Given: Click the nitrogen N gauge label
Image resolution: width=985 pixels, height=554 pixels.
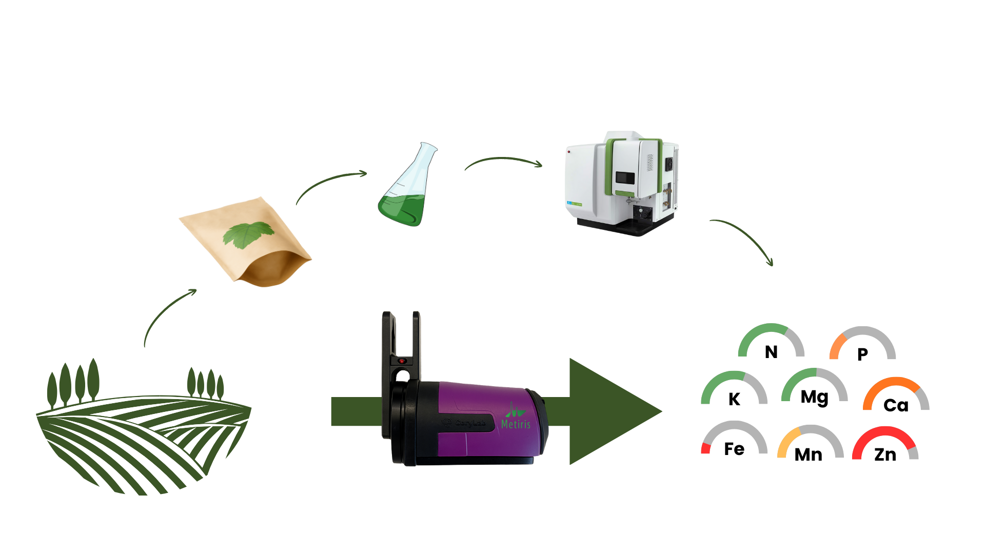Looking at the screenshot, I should [771, 352].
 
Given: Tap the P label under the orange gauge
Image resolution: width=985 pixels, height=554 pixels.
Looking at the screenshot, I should [862, 354].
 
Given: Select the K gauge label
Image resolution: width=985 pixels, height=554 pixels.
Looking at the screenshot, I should [734, 399].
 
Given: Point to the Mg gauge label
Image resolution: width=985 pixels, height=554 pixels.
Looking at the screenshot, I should [814, 398].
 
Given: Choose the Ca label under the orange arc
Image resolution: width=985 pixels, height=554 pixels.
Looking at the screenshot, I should [896, 405].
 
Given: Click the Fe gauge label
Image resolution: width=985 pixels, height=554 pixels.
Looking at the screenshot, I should [734, 449].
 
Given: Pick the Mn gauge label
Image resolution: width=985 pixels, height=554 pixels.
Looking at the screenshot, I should [808, 454].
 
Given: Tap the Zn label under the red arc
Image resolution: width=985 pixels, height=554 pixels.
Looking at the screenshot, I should [885, 454].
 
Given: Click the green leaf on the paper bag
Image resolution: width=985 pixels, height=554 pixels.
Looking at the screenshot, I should [248, 234].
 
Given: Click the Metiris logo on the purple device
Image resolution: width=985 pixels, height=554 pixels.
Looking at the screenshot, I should [516, 418].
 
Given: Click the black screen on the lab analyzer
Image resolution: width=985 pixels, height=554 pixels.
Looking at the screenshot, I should [625, 178].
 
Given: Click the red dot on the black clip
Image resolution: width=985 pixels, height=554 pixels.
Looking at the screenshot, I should [402, 361].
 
